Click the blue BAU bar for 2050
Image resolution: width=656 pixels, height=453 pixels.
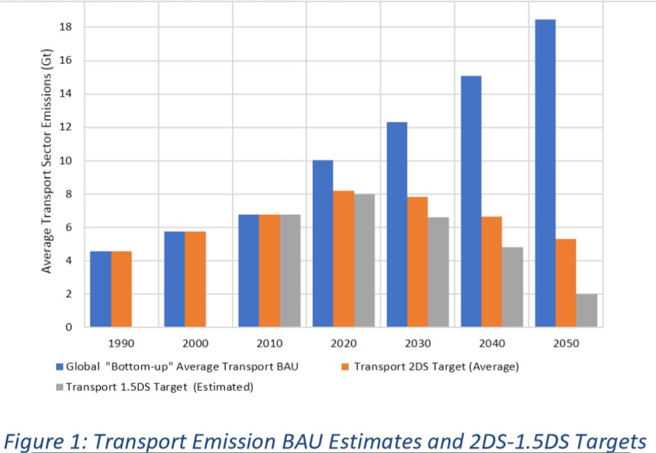coord(545,173)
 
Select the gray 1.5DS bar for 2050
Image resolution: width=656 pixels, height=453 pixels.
coord(587,310)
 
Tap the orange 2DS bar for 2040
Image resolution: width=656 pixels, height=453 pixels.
coord(491,271)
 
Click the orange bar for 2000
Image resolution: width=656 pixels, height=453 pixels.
coord(195,279)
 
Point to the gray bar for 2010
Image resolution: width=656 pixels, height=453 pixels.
coord(290,271)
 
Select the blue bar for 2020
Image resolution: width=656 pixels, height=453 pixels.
coord(322,244)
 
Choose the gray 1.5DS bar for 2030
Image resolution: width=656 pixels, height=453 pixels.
coord(438,272)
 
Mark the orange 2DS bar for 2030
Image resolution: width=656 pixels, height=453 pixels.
coord(418,262)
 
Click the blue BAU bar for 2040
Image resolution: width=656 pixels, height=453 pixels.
coord(471,201)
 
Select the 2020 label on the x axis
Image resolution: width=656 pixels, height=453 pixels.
coord(343,344)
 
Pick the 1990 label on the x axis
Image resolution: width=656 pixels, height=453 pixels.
coord(121,344)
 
